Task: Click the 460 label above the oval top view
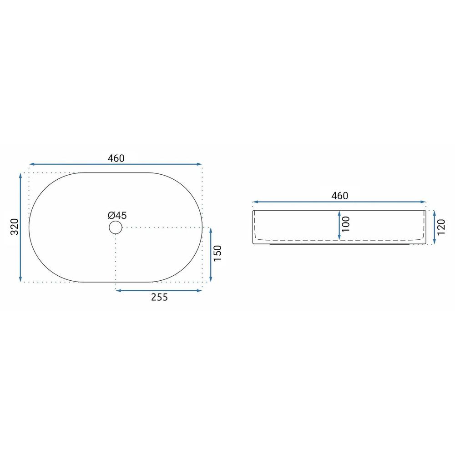(x=116, y=158)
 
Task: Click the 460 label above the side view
(x=339, y=196)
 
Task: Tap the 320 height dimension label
(x=15, y=227)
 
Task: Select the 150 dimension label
(x=217, y=253)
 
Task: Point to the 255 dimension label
(x=159, y=297)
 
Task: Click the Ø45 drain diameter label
(x=117, y=215)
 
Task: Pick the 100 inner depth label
(x=346, y=224)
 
